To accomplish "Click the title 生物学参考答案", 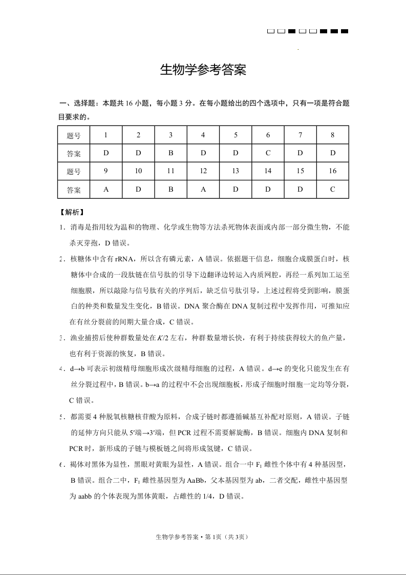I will [x=203, y=71].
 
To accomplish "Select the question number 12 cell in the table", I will [x=203, y=171].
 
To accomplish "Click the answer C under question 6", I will [x=268, y=153].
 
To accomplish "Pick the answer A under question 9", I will [x=106, y=189].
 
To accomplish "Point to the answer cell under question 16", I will [x=333, y=189].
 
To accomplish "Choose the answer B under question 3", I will [x=171, y=153].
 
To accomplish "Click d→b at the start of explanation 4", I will [x=78, y=368].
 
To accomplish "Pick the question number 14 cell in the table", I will [x=268, y=171].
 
